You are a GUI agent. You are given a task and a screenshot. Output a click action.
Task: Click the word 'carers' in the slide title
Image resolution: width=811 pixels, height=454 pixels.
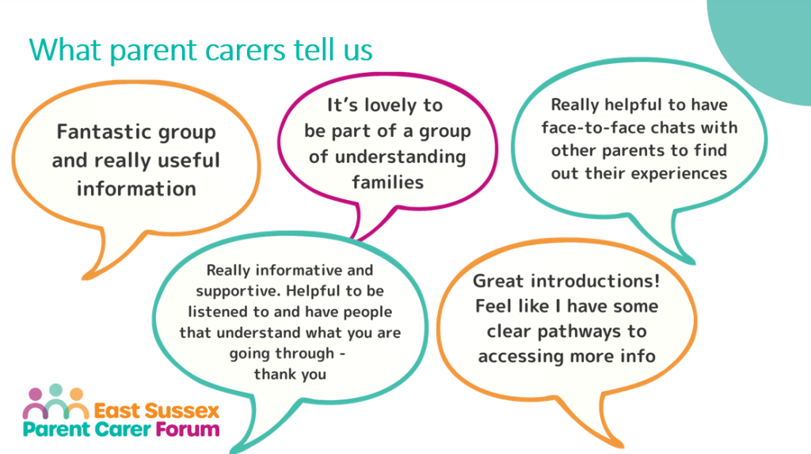[x=246, y=51]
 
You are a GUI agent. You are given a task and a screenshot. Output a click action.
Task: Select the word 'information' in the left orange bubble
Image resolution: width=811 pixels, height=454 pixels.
[x=136, y=188]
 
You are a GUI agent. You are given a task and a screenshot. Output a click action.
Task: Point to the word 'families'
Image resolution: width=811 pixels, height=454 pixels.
[x=387, y=183]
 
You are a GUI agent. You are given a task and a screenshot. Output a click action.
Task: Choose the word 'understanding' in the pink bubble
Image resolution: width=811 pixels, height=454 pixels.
[x=400, y=157]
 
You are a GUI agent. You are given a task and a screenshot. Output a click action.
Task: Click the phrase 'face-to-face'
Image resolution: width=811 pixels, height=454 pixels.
[x=581, y=127]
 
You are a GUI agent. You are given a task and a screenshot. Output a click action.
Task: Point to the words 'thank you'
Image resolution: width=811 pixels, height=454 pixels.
[x=290, y=374]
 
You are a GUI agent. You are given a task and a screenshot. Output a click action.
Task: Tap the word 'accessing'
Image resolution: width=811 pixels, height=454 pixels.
[x=521, y=357]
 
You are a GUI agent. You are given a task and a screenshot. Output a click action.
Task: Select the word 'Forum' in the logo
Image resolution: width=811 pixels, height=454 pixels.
[x=188, y=429]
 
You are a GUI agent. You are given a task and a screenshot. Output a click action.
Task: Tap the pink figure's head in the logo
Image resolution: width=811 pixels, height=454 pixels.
[x=35, y=395]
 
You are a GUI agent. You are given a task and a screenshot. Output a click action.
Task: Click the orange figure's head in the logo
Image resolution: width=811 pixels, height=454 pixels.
[x=77, y=395]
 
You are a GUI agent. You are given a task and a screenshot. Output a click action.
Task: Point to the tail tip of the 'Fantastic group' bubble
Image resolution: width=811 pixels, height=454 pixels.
[x=84, y=279]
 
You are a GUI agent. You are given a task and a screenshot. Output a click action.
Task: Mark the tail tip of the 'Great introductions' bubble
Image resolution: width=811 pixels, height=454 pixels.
[x=623, y=445]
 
